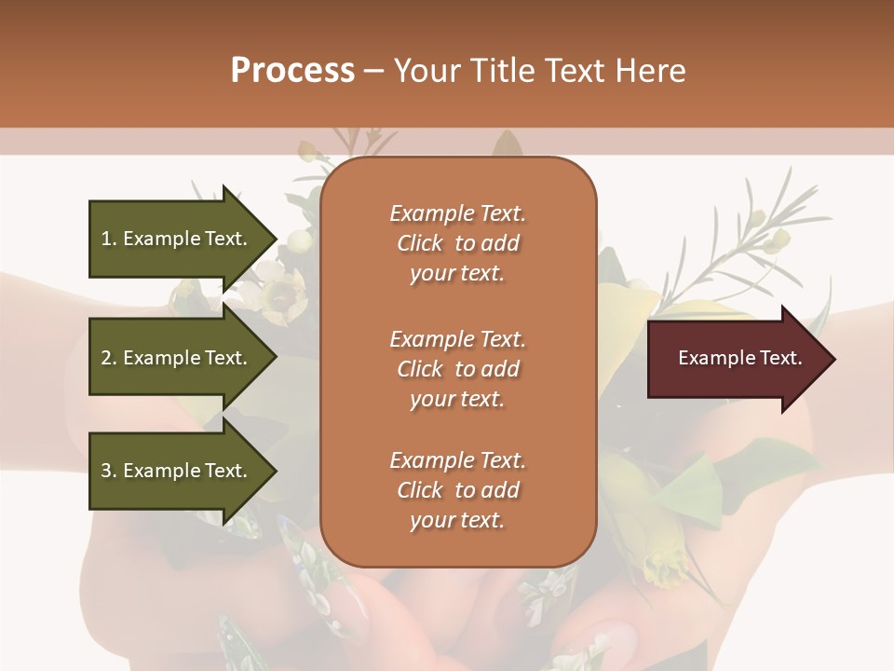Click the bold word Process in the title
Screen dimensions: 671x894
click(x=292, y=71)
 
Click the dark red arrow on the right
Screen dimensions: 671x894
click(x=736, y=359)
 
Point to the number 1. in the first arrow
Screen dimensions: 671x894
click(x=109, y=239)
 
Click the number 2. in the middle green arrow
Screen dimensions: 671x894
click(x=109, y=358)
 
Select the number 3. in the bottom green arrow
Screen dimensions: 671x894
click(x=109, y=471)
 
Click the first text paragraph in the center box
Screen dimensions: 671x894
click(x=457, y=243)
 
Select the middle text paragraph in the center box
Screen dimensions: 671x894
click(x=457, y=368)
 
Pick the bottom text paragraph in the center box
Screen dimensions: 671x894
click(x=457, y=489)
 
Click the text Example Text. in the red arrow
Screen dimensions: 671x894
click(x=739, y=358)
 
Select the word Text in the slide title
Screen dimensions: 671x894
click(x=573, y=71)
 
